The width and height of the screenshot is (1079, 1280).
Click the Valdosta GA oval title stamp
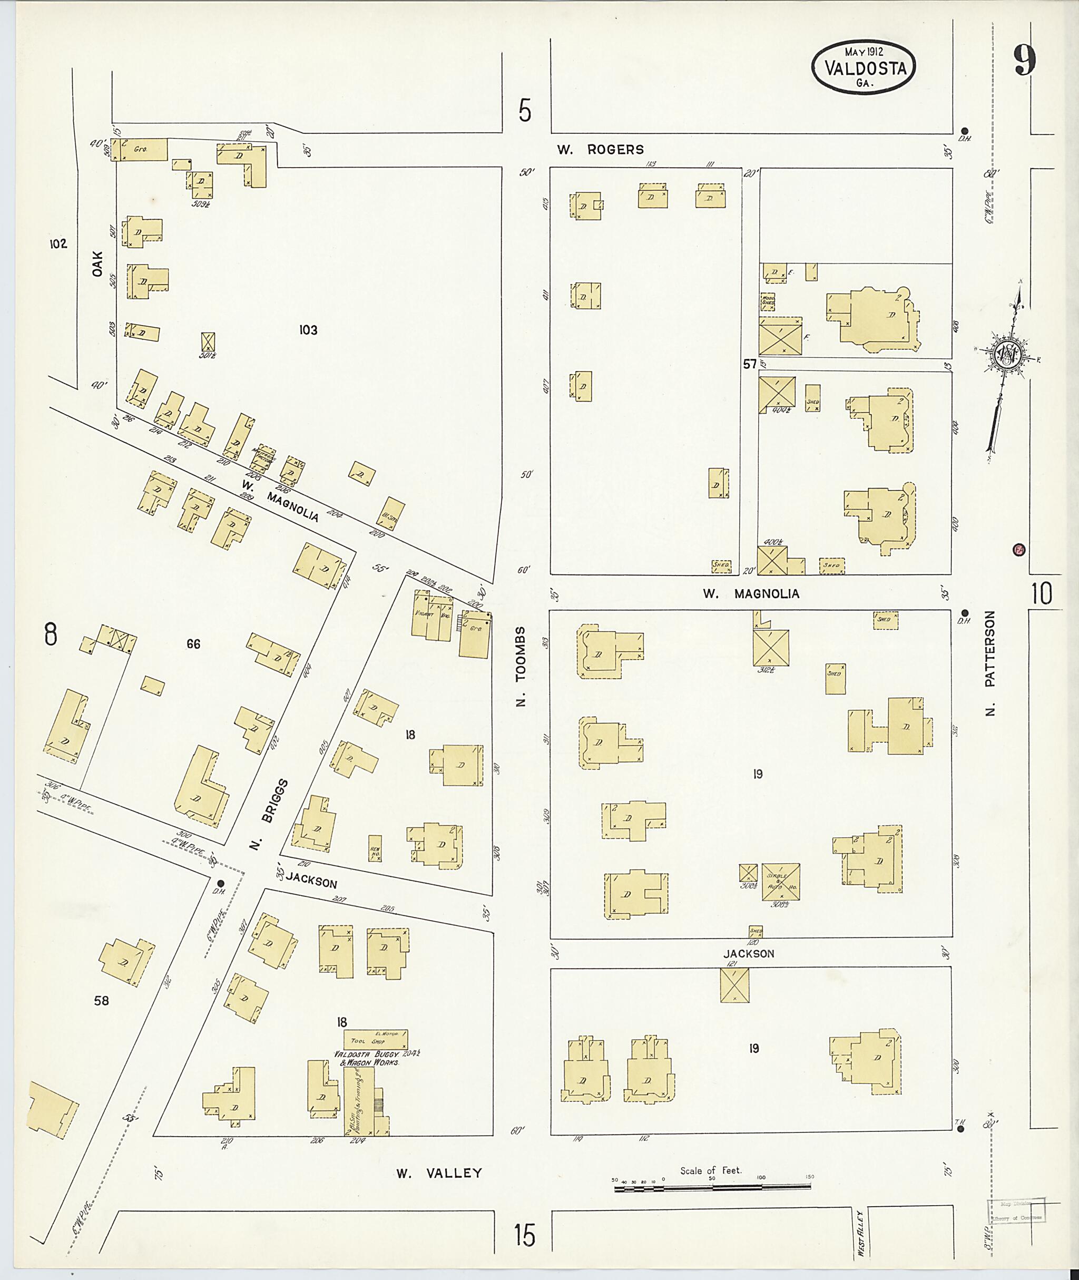coord(863,68)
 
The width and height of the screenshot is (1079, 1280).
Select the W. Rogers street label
coord(600,149)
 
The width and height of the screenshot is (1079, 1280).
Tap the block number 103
coord(308,330)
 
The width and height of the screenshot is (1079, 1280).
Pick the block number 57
coord(749,364)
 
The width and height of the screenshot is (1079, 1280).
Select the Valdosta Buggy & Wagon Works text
coord(366,1058)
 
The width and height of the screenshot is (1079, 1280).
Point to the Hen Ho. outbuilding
coord(375,848)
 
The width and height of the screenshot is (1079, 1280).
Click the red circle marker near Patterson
coord(1019,550)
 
